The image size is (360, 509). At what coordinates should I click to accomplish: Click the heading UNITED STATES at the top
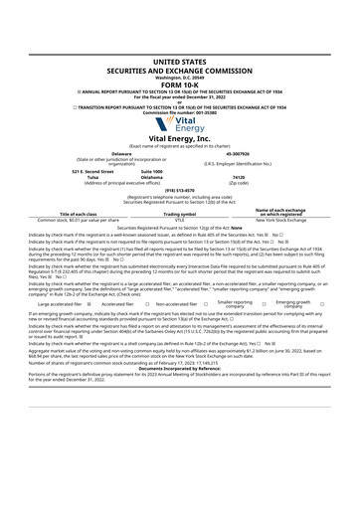(x=179, y=62)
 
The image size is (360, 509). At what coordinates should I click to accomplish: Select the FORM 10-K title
(x=179, y=83)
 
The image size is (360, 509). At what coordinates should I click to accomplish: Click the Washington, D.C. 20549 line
(x=179, y=76)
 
